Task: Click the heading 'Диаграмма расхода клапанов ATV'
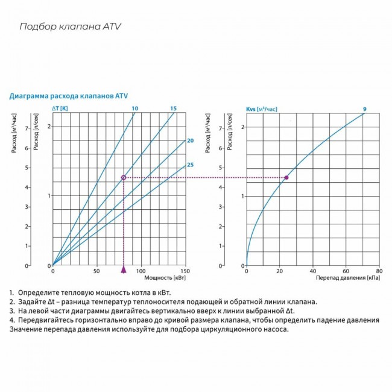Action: coord(68,96)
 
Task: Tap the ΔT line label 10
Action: coord(135,109)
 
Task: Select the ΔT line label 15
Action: coord(173,109)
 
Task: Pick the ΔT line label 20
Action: coord(190,141)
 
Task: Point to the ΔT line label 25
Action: coord(190,165)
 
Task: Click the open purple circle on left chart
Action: coord(124,177)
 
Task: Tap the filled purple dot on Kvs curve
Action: coord(286,177)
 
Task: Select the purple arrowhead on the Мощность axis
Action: coord(124,270)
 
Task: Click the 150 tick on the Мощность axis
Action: coord(185,271)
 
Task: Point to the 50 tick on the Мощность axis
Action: coord(96,271)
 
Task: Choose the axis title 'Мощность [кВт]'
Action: coord(165,279)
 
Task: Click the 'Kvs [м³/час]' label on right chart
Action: coord(262,109)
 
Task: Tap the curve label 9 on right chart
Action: coord(364,109)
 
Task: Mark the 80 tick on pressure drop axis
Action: coord(379,271)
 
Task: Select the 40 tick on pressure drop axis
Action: coord(312,271)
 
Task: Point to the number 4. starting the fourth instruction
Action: coord(11,320)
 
